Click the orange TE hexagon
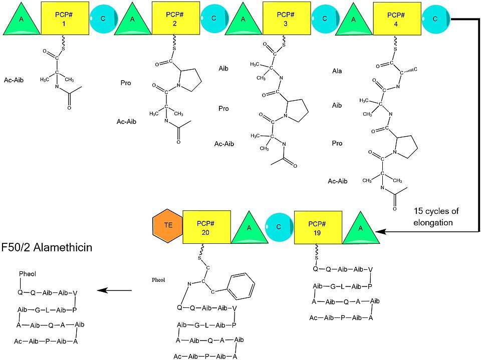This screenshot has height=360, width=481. [168, 226]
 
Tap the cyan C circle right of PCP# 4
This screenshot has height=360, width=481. [436, 18]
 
